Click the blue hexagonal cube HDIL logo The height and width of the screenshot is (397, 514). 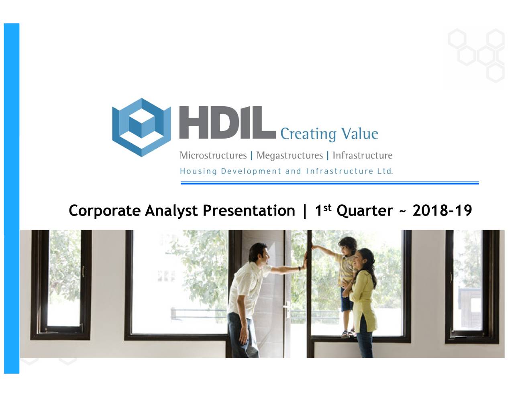[141, 127]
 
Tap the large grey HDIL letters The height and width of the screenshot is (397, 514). [227, 123]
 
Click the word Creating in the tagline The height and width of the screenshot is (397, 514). [308, 134]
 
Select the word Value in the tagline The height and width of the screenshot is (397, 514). [359, 134]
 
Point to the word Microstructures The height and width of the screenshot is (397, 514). [213, 155]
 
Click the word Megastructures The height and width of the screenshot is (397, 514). [290, 155]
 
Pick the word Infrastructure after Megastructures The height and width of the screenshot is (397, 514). [362, 155]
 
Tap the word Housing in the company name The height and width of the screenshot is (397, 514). [198, 171]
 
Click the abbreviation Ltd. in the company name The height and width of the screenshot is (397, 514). [385, 171]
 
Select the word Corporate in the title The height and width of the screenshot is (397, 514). [104, 211]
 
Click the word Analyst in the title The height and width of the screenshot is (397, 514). [171, 211]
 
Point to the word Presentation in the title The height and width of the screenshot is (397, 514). [249, 211]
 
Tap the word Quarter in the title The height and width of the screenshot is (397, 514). [365, 211]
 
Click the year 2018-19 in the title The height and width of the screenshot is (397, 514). [442, 210]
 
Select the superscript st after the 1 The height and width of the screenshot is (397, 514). [327, 207]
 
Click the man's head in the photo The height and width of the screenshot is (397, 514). [259, 254]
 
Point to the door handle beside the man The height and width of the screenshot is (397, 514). [286, 310]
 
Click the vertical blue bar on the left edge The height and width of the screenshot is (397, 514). [12, 198]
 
